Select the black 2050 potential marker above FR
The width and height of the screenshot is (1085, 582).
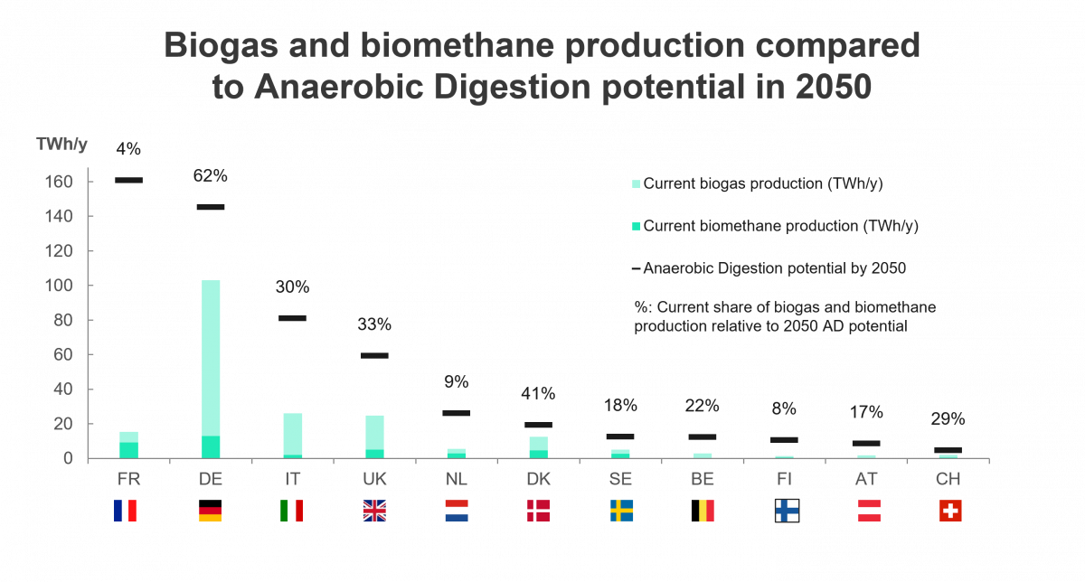(128, 181)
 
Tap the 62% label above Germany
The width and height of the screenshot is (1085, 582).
(210, 176)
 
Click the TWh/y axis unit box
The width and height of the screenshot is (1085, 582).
(61, 144)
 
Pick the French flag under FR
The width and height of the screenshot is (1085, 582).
(126, 512)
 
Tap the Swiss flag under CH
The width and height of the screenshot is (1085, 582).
(950, 512)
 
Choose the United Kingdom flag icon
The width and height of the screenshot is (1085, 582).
(373, 512)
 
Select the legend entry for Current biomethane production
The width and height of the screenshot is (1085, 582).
(780, 226)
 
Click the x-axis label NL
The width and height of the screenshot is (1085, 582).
(456, 477)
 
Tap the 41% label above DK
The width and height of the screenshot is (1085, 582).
(538, 394)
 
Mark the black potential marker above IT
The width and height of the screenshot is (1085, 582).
(292, 318)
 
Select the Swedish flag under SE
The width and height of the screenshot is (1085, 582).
(621, 512)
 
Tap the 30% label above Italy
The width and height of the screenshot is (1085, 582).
(292, 287)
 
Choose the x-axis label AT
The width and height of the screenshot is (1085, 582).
(867, 477)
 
